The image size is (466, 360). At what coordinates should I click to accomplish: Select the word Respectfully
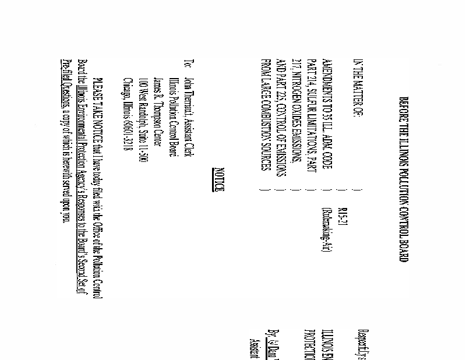[358, 335]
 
